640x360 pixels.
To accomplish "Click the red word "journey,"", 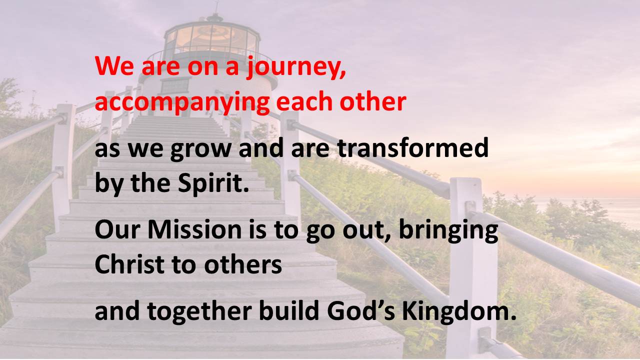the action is coord(296,67).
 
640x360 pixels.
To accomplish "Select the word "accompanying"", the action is coord(182,103).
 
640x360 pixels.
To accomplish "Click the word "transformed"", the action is coord(413,147).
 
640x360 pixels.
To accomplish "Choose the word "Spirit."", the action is coord(213,183).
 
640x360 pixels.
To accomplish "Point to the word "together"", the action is coord(199,311).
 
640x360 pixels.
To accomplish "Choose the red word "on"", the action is coord(203,68).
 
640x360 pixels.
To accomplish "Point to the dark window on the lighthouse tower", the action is coord(175,85).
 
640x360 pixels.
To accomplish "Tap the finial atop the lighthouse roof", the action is coord(216,11).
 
